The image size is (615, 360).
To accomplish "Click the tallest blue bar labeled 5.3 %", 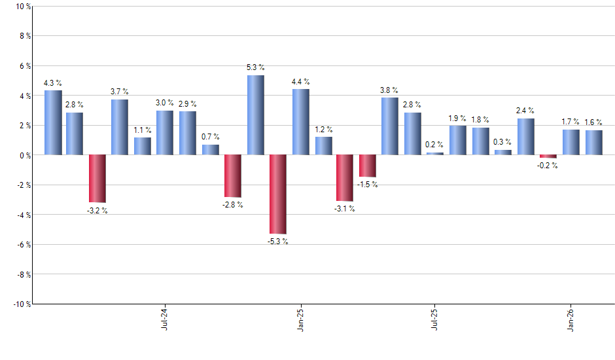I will [256, 115].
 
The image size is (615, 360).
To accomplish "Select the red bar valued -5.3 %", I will [278, 194].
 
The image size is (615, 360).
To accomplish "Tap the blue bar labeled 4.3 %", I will [53, 122].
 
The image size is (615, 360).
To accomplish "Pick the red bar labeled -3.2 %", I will [98, 179].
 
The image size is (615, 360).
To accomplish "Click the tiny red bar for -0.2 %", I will [548, 156].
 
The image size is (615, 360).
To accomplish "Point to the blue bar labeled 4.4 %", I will [301, 122].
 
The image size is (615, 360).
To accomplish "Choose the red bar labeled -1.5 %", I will [368, 166].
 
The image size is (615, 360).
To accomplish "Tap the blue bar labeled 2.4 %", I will [526, 137].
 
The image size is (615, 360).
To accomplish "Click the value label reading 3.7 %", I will [120, 91].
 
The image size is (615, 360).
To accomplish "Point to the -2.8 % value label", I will [232, 205].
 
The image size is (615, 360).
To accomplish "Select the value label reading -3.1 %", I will [344, 209].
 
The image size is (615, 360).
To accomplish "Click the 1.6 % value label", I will [593, 122].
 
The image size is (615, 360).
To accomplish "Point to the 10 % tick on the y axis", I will [22, 7].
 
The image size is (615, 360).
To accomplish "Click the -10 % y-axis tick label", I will [21, 304].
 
